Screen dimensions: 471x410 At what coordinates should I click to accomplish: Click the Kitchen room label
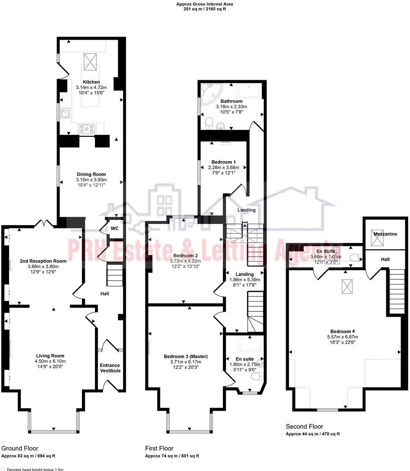pyautogui.click(x=91, y=82)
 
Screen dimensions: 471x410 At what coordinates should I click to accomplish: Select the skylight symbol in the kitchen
pyautogui.click(x=91, y=58)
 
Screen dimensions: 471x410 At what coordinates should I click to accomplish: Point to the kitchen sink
pyautogui.click(x=65, y=113)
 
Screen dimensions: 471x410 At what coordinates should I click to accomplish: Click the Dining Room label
pyautogui.click(x=91, y=174)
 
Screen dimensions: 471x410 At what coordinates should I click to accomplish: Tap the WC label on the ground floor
pyautogui.click(x=115, y=228)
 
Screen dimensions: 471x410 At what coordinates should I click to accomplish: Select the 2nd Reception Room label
pyautogui.click(x=43, y=261)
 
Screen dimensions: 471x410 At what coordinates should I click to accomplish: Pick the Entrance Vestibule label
pyautogui.click(x=110, y=368)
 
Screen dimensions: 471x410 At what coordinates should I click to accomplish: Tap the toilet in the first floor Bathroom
pyautogui.click(x=209, y=122)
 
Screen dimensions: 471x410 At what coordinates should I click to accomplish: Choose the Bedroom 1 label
pyautogui.click(x=222, y=162)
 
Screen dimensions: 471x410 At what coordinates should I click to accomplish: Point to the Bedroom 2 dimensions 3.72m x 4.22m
pyautogui.click(x=184, y=261)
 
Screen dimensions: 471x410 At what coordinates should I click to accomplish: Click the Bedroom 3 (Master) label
pyautogui.click(x=186, y=356)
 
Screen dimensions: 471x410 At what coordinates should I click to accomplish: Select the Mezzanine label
pyautogui.click(x=385, y=234)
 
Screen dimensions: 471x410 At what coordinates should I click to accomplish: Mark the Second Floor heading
pyautogui.click(x=304, y=426)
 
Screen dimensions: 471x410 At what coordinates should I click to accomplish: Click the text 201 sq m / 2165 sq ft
pyautogui.click(x=205, y=9)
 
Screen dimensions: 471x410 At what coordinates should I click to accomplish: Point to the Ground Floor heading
pyautogui.click(x=20, y=448)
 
